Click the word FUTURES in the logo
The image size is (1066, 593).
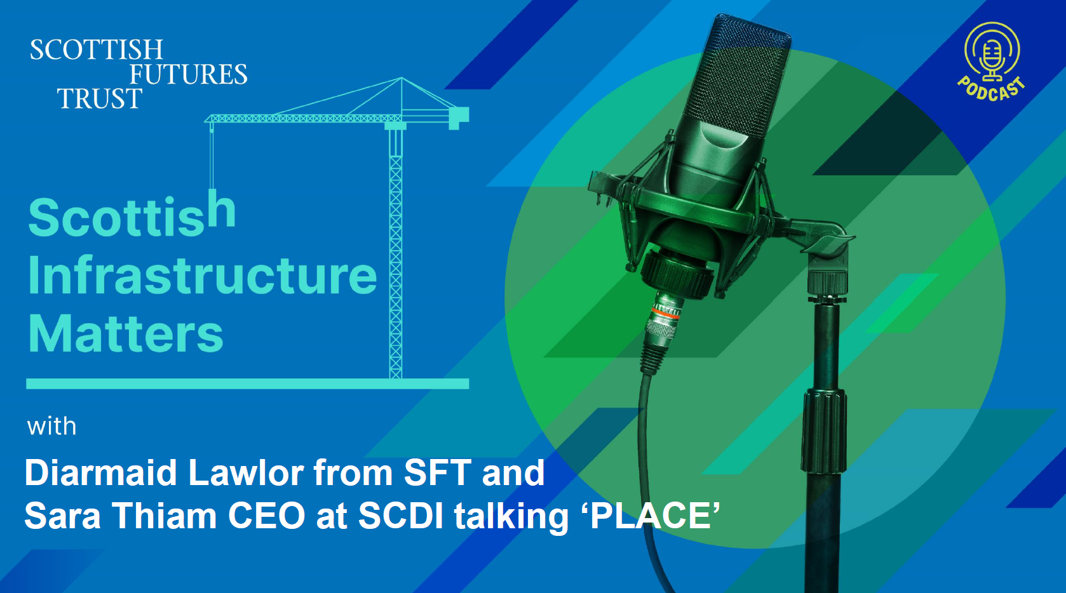[189, 74]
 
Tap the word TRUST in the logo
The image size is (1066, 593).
[100, 98]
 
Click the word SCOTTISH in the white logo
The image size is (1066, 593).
[97, 50]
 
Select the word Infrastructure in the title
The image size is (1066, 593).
[202, 276]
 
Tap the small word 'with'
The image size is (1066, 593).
[51, 426]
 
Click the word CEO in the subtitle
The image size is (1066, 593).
[267, 516]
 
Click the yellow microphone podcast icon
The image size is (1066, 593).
[992, 52]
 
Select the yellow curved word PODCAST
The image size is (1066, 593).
[992, 90]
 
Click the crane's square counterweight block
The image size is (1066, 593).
[459, 117]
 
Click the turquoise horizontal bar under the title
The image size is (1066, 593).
[248, 383]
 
